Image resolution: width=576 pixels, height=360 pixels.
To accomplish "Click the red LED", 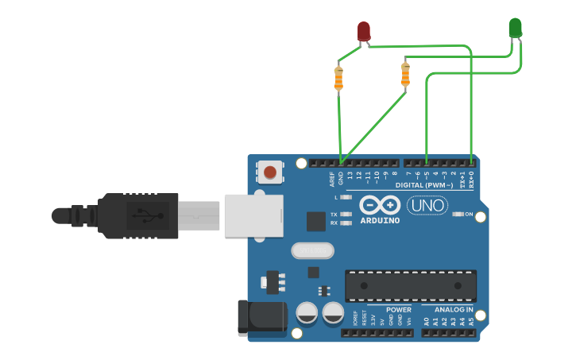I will [364, 31].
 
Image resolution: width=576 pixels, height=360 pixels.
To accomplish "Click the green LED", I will [515, 28].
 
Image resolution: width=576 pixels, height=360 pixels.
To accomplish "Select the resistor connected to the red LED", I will [339, 78].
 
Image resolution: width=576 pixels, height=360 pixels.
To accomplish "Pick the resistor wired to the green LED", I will [405, 75].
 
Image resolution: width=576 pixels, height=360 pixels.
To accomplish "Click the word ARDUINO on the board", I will [380, 220].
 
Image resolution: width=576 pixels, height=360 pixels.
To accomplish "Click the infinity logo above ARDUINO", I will [380, 204].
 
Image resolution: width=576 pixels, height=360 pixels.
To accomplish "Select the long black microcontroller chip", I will [411, 285].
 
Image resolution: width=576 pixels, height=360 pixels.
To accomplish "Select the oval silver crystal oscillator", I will [311, 250].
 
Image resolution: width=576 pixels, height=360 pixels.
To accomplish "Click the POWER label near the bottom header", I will [399, 309].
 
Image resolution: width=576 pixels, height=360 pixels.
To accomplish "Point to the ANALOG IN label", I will [454, 309].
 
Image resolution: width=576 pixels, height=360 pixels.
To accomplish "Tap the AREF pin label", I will [333, 179].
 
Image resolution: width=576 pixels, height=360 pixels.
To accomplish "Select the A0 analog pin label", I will [427, 321].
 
